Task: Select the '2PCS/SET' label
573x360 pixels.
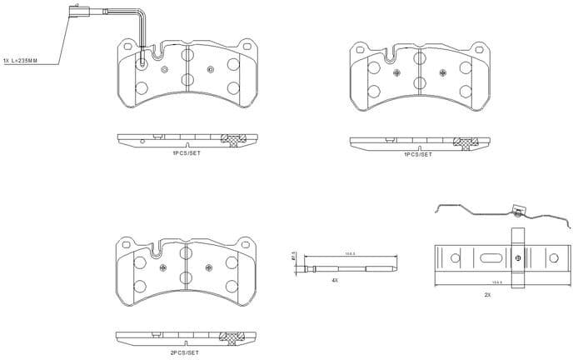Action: tap(185, 353)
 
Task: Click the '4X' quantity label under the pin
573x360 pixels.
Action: tap(335, 282)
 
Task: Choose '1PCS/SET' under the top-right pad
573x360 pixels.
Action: tap(417, 154)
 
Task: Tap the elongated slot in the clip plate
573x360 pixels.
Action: tap(489, 258)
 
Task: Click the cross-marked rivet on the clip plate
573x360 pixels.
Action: tap(517, 258)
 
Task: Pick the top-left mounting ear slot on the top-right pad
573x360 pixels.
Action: tap(360, 51)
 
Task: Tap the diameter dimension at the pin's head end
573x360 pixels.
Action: tap(295, 257)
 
